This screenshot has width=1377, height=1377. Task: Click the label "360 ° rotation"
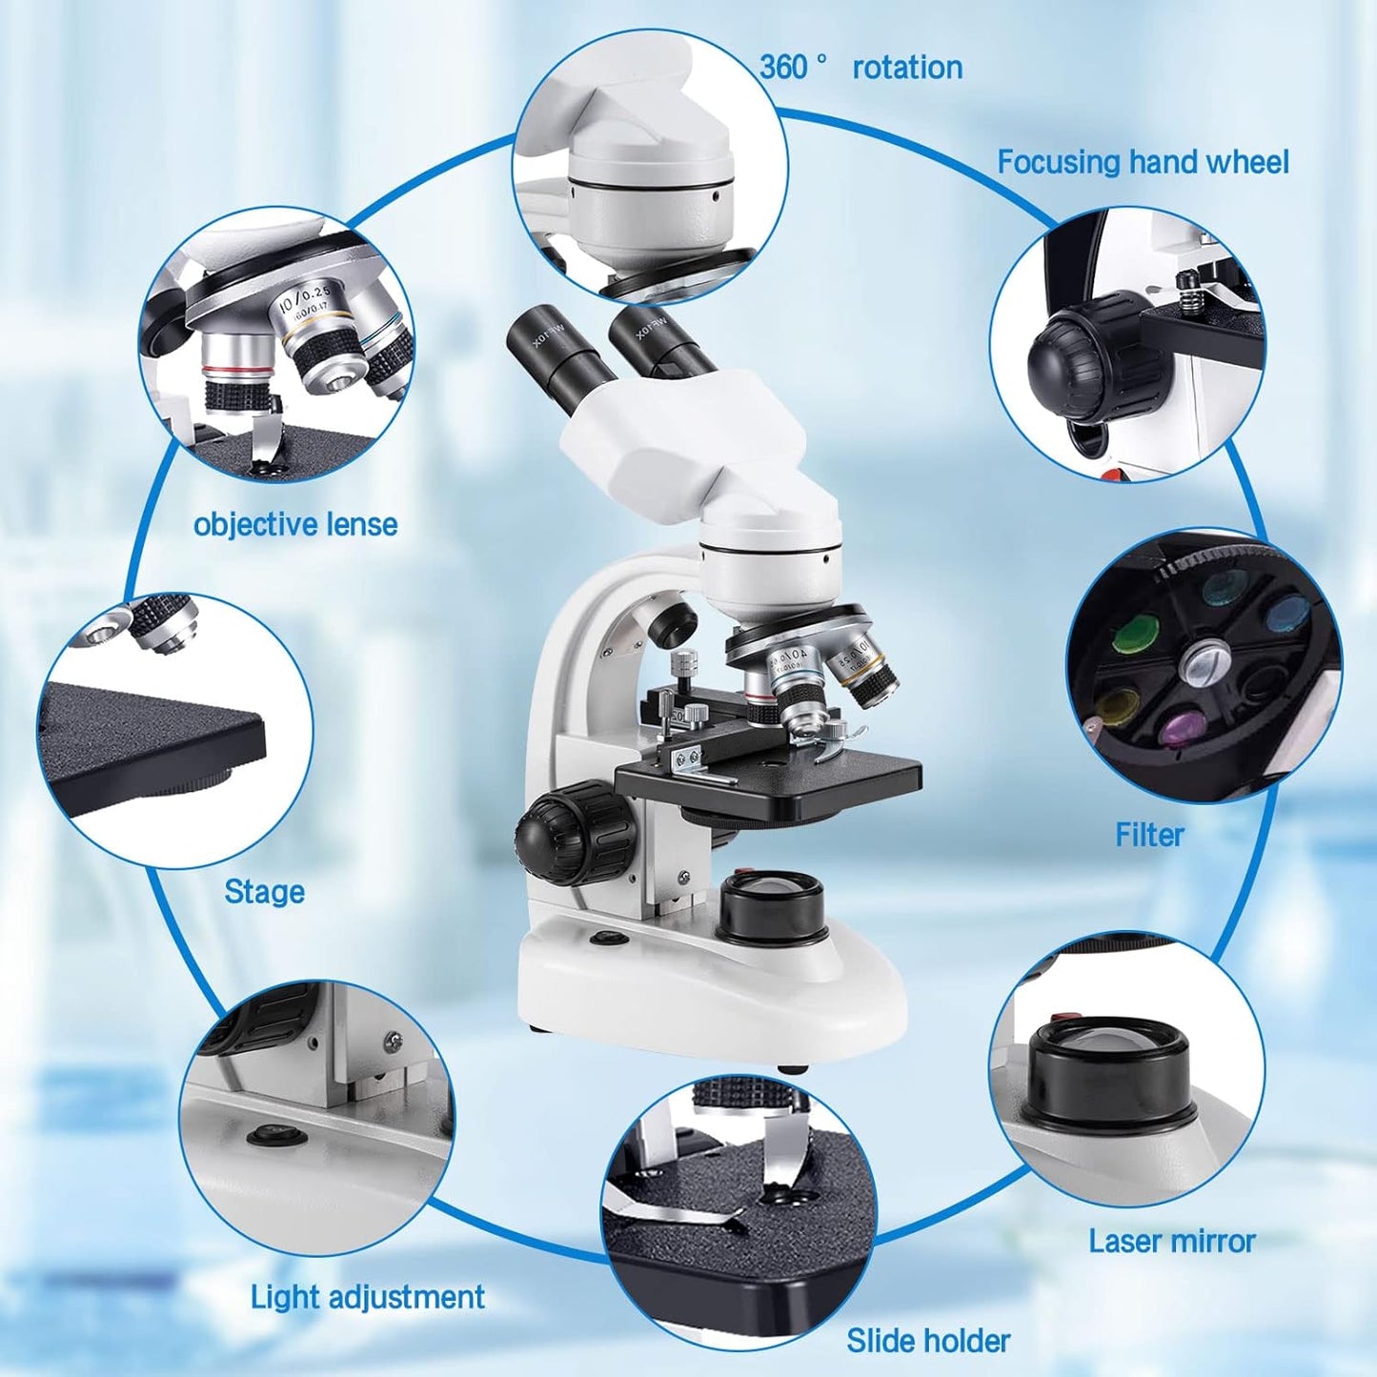pyautogui.click(x=861, y=68)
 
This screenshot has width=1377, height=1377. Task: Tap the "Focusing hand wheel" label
pyautogui.click(x=1143, y=162)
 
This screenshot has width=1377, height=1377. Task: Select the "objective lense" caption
pyautogui.click(x=295, y=524)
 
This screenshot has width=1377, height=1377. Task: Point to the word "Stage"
pyautogui.click(x=264, y=892)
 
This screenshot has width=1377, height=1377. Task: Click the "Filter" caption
pyautogui.click(x=1149, y=835)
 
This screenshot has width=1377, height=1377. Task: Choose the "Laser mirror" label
pyautogui.click(x=1172, y=1241)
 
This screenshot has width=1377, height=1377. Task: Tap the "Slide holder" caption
pyautogui.click(x=928, y=1341)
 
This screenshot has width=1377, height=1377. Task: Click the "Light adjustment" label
pyautogui.click(x=367, y=1297)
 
